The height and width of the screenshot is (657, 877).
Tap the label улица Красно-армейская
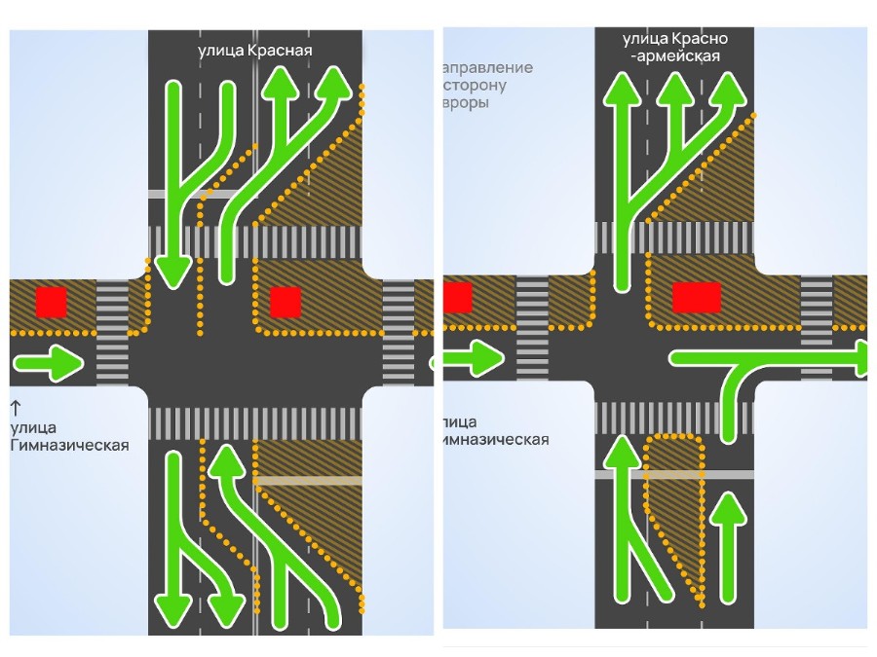[x=675, y=47]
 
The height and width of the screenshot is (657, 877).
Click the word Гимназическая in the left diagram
[x=69, y=446]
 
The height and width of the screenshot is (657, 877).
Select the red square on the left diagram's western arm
[x=51, y=302]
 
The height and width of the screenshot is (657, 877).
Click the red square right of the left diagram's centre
[x=285, y=302]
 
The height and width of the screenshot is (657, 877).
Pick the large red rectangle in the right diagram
[x=697, y=297]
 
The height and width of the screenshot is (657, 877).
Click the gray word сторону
[x=477, y=85]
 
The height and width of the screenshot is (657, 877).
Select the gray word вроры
[x=467, y=102]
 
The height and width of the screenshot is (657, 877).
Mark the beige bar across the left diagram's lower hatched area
[x=307, y=481]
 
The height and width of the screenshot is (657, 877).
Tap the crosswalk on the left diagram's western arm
[x=112, y=331]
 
